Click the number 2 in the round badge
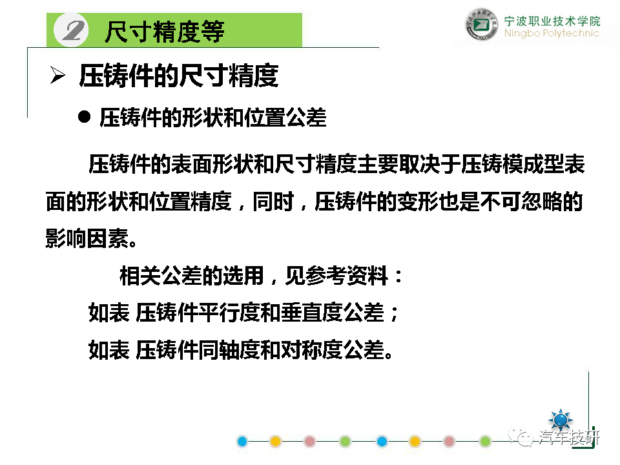(74, 30)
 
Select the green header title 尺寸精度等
(165, 32)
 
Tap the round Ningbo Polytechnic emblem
(481, 25)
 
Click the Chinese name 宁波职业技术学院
(552, 21)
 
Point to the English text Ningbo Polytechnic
(552, 33)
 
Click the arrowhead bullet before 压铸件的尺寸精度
(57, 75)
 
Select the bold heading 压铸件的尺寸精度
(179, 76)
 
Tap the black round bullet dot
(84, 117)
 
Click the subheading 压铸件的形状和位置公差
(213, 118)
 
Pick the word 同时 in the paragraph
(273, 201)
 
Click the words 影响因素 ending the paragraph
(87, 238)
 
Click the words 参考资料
(347, 276)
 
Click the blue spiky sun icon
(561, 419)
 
